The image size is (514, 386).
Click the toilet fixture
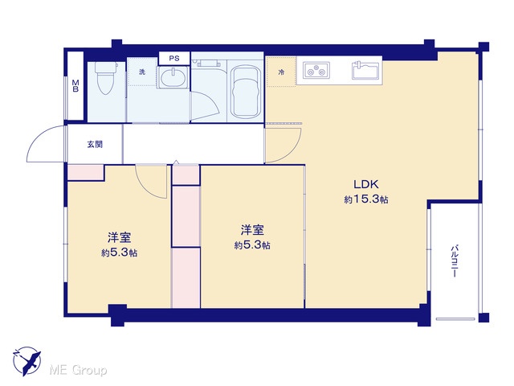[x=106, y=77]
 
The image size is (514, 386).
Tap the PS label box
[x=174, y=59]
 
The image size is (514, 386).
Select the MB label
[x=75, y=86]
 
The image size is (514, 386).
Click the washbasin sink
[x=173, y=77]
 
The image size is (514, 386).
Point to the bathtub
[x=246, y=92]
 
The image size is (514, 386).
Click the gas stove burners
[x=316, y=70]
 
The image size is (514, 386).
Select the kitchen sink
[x=365, y=70]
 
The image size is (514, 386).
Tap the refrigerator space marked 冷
[x=281, y=72]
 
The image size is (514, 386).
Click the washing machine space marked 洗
[x=141, y=72]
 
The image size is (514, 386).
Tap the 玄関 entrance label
[x=95, y=144]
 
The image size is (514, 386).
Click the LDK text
[x=366, y=184]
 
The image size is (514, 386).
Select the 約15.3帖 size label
[x=366, y=199]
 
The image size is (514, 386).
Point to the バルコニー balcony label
[x=455, y=261]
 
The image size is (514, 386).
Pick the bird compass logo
[x=27, y=361]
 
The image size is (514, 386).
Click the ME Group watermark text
[x=78, y=370]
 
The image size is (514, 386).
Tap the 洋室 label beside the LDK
[x=252, y=230]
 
